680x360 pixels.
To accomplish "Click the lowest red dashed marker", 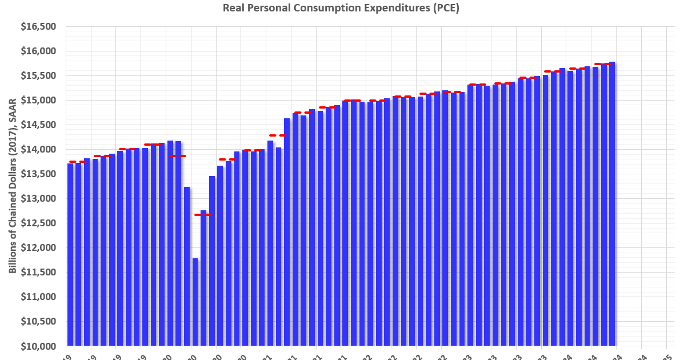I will pyautogui.click(x=203, y=215).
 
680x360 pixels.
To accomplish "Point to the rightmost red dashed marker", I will pyautogui.click(x=603, y=64).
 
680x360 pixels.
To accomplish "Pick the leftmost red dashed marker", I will pyautogui.click(x=77, y=162).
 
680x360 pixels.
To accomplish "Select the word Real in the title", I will pyautogui.click(x=232, y=9).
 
